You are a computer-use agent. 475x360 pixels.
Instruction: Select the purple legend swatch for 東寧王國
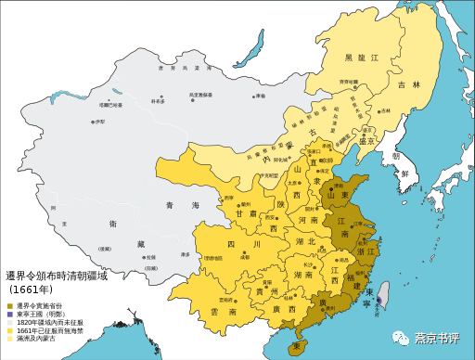(9, 314)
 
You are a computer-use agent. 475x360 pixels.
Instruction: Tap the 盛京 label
(366, 141)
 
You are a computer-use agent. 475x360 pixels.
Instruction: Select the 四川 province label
(225, 244)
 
